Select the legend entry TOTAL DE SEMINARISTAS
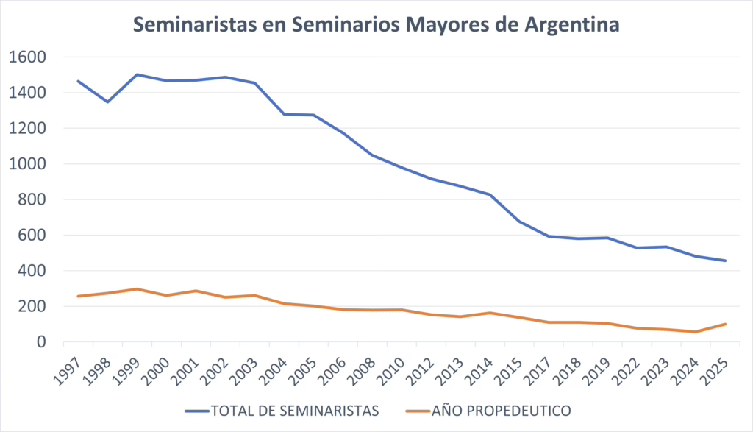coord(294,410)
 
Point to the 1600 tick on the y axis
coord(28,57)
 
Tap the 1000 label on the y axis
coord(28,164)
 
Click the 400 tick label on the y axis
coord(32,271)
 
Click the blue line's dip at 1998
coord(107,102)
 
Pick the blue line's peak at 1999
coord(137,74)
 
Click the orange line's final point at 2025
coord(726,324)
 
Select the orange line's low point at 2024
coord(696,332)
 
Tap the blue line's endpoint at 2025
coord(726,261)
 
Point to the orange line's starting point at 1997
coord(78,296)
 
